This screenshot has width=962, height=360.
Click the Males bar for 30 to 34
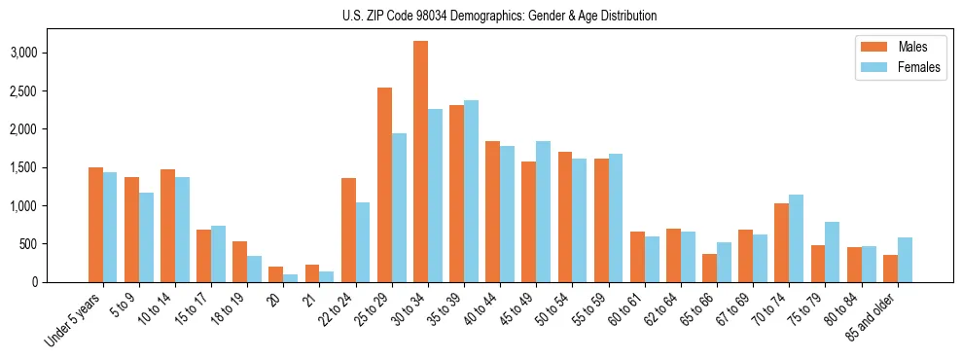420,162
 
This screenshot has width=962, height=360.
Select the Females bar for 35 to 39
471,191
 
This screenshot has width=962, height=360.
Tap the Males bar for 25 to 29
384,185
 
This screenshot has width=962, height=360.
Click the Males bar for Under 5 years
95,225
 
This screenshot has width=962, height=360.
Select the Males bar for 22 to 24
348,230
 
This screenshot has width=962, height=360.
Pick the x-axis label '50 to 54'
555,306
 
